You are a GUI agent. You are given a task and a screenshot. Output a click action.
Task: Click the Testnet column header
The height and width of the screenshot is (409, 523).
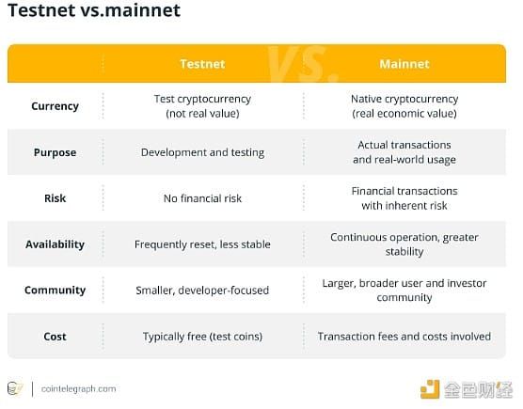tap(202, 64)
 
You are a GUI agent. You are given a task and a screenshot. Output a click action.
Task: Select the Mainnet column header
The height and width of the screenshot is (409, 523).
tap(404, 64)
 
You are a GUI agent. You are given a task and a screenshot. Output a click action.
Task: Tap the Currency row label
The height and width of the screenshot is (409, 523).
tap(55, 106)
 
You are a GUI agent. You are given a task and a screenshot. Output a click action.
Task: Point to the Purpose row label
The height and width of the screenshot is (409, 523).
tap(55, 152)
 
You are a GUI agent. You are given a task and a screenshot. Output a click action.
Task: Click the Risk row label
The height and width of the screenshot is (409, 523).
tap(55, 198)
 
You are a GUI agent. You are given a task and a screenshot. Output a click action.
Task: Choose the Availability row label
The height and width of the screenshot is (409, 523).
tap(55, 244)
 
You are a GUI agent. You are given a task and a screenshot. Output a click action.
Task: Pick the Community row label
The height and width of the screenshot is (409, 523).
tap(55, 290)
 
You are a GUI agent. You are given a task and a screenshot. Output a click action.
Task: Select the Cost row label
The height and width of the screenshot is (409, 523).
tap(55, 337)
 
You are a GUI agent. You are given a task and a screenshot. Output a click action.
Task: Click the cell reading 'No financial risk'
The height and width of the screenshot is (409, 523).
tap(202, 198)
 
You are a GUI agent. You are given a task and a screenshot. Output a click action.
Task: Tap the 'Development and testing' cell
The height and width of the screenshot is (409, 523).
tap(202, 152)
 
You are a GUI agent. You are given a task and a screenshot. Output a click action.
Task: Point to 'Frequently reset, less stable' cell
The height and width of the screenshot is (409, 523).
tap(202, 244)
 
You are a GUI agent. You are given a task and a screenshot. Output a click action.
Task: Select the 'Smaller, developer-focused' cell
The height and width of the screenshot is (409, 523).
tap(202, 290)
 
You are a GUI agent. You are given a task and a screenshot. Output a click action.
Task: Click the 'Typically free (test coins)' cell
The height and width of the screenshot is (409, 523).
tap(202, 337)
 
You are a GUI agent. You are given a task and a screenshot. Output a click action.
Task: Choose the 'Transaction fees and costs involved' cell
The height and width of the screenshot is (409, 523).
tap(404, 337)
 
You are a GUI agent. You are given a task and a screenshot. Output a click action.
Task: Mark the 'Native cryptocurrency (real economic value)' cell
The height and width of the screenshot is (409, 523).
tap(404, 106)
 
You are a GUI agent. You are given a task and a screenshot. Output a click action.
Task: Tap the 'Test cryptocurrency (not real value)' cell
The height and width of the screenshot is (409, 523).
tap(202, 106)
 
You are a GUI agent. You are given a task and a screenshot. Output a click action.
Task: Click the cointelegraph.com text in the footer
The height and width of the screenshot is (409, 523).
tap(78, 388)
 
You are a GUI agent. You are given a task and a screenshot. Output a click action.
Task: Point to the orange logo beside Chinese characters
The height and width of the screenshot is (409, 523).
tap(430, 389)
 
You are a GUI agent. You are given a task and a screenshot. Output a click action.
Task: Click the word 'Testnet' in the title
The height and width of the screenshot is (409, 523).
tap(41, 10)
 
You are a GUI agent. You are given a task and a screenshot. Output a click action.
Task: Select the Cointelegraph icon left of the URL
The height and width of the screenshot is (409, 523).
tap(15, 388)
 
